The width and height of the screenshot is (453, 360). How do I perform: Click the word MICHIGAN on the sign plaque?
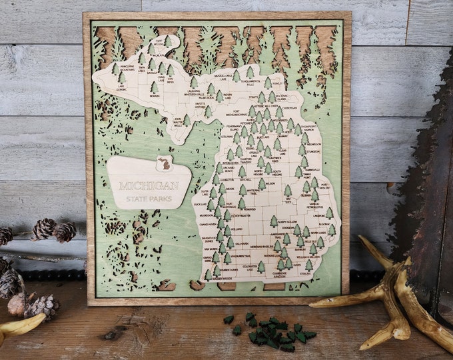click(x=148, y=185)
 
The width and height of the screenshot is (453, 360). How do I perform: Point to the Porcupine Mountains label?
click(x=127, y=68)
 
